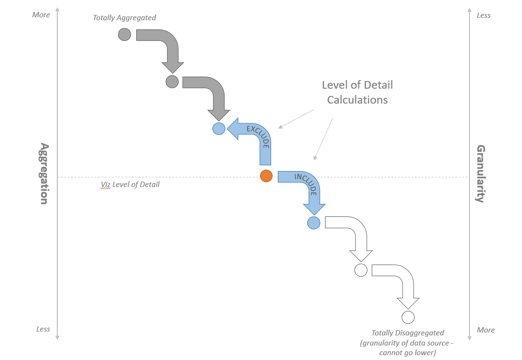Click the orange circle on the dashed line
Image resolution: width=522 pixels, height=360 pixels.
[x=266, y=176]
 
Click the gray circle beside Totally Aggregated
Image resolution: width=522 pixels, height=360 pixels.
[x=124, y=34]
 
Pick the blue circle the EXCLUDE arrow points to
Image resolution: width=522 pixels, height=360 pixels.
[x=219, y=128]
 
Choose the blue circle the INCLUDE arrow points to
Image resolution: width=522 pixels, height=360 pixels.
[x=313, y=223]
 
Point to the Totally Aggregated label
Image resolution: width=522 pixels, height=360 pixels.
[x=124, y=18]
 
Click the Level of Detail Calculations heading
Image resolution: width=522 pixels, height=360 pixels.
[x=357, y=93]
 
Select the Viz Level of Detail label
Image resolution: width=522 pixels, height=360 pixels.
[x=130, y=185]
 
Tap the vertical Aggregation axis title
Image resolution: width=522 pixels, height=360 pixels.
[x=44, y=173]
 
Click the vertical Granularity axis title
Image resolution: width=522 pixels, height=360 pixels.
[x=480, y=173]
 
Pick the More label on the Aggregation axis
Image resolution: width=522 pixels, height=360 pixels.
[x=41, y=15]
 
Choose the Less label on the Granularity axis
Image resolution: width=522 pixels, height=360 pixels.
[x=483, y=15]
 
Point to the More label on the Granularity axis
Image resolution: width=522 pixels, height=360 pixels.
[x=485, y=330]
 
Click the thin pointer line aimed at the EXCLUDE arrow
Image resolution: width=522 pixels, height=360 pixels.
[x=296, y=119]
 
